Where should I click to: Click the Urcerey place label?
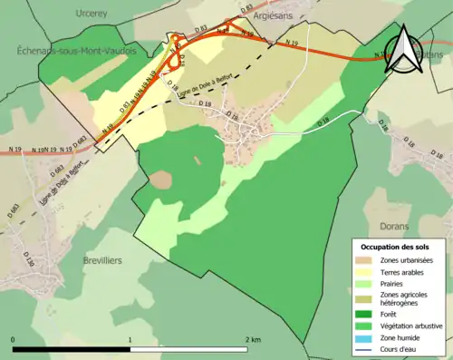tap(92, 14)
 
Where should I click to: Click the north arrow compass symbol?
tap(402, 49)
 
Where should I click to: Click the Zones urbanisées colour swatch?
tap(361, 261)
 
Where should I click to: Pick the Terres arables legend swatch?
tap(361, 273)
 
